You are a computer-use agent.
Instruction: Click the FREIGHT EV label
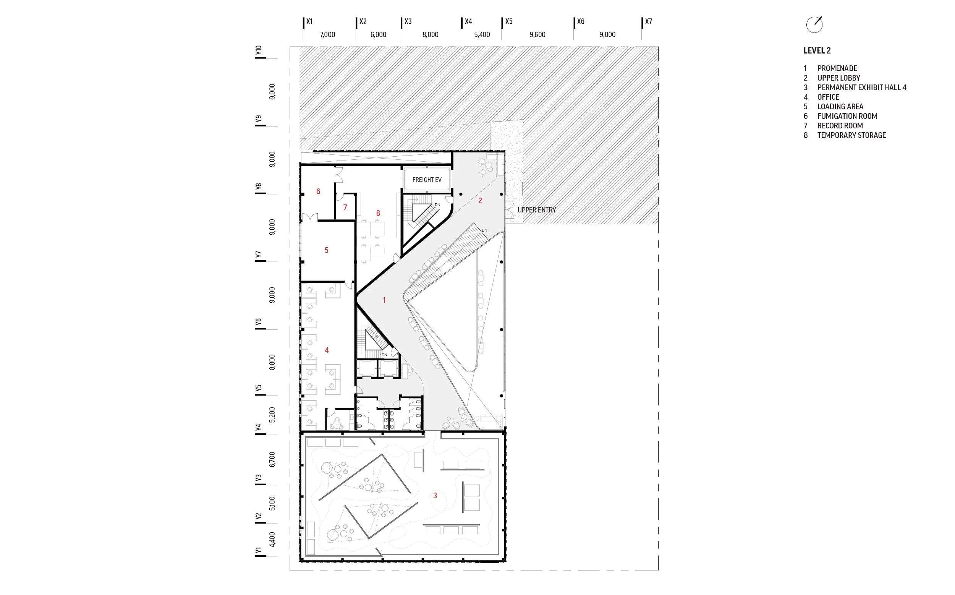pyautogui.click(x=427, y=180)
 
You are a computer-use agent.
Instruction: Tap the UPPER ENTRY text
pyautogui.click(x=536, y=210)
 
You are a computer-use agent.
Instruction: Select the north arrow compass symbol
pyautogui.click(x=814, y=24)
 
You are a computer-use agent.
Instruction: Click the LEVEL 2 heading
pyautogui.click(x=817, y=50)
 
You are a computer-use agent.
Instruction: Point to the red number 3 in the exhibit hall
pyautogui.click(x=435, y=495)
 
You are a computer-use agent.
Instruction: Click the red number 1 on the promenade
pyautogui.click(x=384, y=300)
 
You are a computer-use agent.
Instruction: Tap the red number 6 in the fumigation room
pyautogui.click(x=318, y=191)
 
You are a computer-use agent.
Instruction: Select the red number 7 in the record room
pyautogui.click(x=345, y=208)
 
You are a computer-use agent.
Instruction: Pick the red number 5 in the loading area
pyautogui.click(x=327, y=250)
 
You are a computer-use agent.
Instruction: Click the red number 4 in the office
pyautogui.click(x=327, y=350)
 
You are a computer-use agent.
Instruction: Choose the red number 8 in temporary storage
pyautogui.click(x=378, y=213)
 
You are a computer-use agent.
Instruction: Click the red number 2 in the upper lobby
pyautogui.click(x=480, y=201)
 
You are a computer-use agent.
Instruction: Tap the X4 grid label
pyautogui.click(x=468, y=22)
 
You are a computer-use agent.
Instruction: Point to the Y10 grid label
pyautogui.click(x=258, y=50)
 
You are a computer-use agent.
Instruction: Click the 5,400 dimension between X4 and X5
pyautogui.click(x=482, y=35)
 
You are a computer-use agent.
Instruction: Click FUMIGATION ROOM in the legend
pyautogui.click(x=847, y=116)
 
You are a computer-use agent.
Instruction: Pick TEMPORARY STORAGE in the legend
pyautogui.click(x=851, y=135)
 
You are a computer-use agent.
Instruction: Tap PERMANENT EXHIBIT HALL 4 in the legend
pyautogui.click(x=862, y=88)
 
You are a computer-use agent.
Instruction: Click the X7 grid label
pyautogui.click(x=648, y=22)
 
